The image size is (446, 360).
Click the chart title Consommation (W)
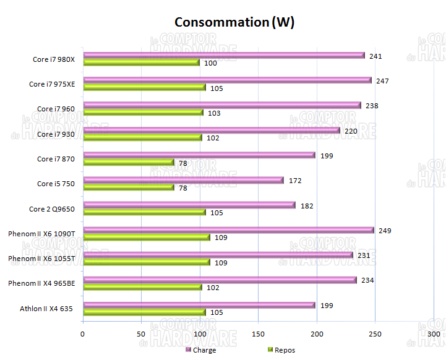234,22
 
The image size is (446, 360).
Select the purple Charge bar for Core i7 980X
223,56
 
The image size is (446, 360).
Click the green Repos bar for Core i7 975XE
144,88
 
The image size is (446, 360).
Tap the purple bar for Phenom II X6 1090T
228,230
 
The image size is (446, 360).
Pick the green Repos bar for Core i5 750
128,187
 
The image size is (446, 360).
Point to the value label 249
385,231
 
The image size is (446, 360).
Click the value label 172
294,181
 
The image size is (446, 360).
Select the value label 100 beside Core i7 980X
210,63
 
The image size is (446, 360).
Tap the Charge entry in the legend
201,350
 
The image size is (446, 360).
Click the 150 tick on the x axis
258,334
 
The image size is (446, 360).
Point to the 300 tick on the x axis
434,334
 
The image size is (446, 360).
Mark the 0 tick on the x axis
83,334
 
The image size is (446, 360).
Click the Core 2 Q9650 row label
52,209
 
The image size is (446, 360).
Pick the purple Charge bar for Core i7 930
211,131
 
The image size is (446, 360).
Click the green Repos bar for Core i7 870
128,163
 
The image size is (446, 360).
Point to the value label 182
306,205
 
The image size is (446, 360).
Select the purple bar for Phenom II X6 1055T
218,255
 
